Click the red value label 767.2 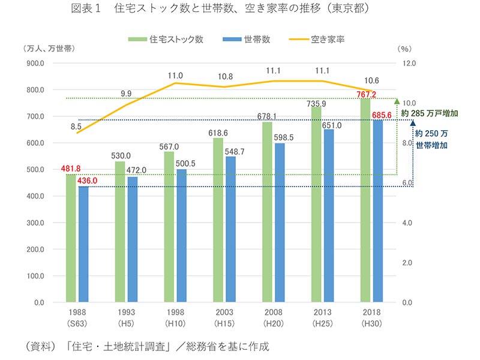click(365, 94)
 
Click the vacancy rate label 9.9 click(126, 94)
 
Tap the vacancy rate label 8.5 click(76, 126)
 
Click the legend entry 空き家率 click(320, 40)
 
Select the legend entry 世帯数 click(249, 40)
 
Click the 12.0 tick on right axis click(409, 63)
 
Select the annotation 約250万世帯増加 click(432, 139)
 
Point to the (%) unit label click(405, 49)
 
